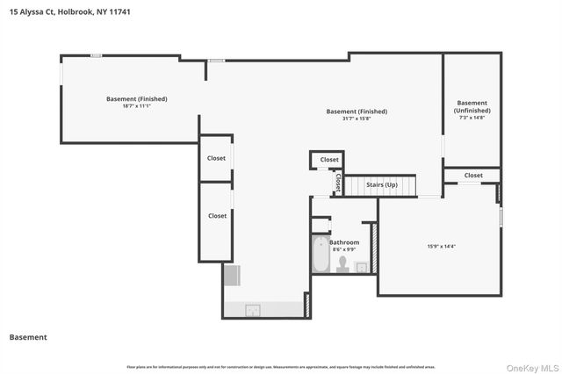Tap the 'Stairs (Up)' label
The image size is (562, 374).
pyautogui.click(x=381, y=185)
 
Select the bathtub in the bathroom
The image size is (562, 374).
pyautogui.click(x=321, y=255)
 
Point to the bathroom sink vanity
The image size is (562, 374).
pyautogui.click(x=361, y=265)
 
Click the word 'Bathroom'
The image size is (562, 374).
pyautogui.click(x=344, y=242)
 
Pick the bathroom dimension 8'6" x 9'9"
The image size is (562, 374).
pyautogui.click(x=344, y=249)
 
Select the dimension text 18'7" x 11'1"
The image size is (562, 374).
pyautogui.click(x=136, y=105)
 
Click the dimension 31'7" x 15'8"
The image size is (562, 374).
pyautogui.click(x=357, y=119)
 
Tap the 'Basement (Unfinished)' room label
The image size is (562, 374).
pyautogui.click(x=472, y=107)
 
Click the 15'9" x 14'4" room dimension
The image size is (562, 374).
pyautogui.click(x=441, y=246)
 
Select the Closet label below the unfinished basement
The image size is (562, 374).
pyautogui.click(x=473, y=176)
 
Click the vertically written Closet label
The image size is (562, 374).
pyautogui.click(x=338, y=183)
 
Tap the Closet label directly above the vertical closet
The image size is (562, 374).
pyautogui.click(x=329, y=160)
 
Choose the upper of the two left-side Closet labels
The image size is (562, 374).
pyautogui.click(x=216, y=158)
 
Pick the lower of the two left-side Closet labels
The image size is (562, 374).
pyautogui.click(x=216, y=215)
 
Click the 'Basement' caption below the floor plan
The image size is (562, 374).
pyautogui.click(x=28, y=337)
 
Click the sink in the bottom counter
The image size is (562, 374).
pyautogui.click(x=252, y=309)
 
